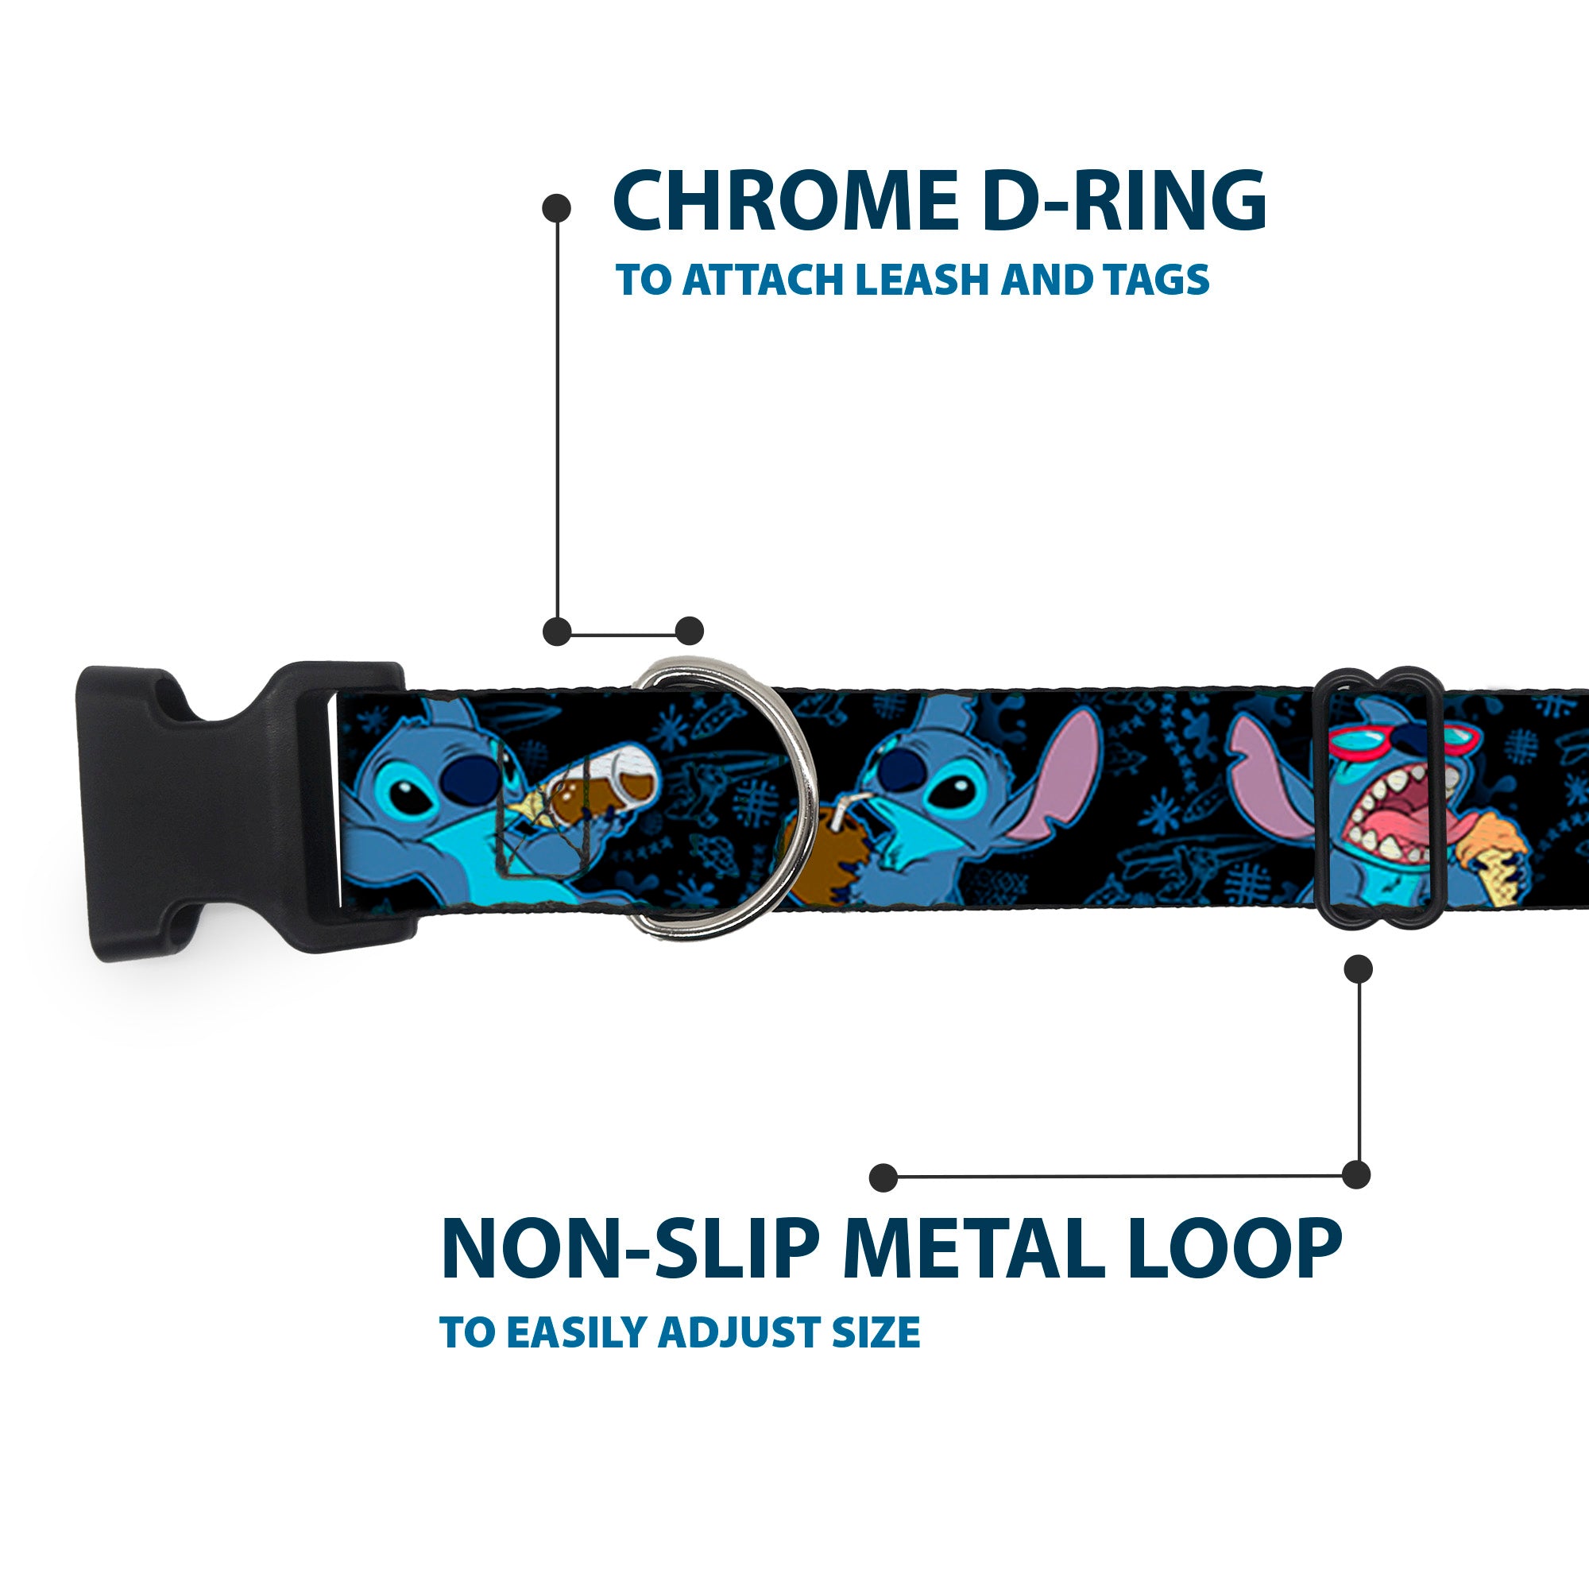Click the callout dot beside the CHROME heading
tap(557, 207)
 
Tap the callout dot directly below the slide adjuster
tap(1357, 969)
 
